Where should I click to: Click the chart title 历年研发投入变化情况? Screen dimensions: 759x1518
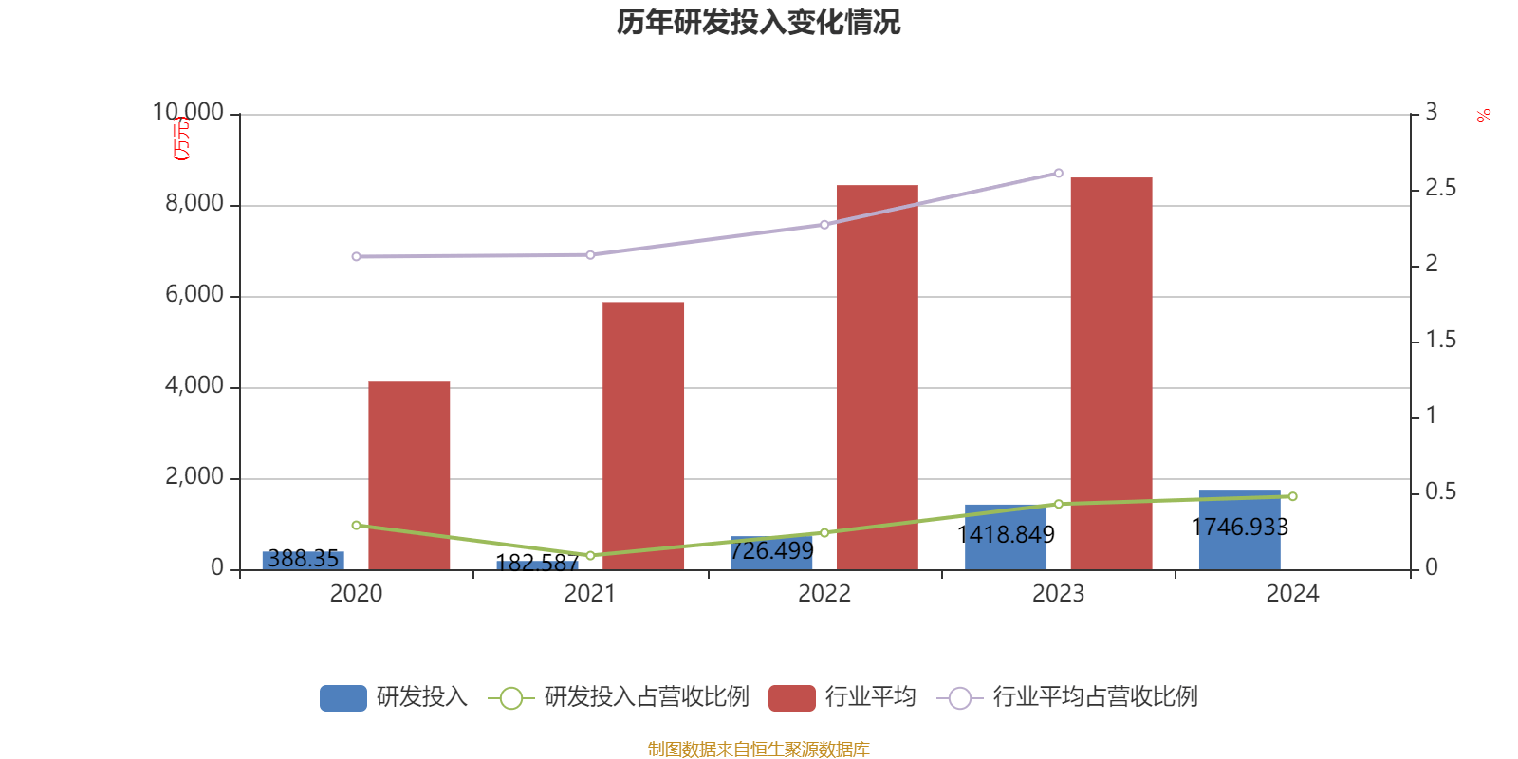coord(758,22)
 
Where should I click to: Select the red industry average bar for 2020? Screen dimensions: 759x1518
coord(409,474)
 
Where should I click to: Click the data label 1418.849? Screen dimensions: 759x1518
coord(1006,535)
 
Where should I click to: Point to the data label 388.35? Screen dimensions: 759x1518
coord(303,558)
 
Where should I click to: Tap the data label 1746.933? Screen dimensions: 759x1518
coord(1239,527)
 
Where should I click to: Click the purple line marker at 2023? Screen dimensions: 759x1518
coord(1059,173)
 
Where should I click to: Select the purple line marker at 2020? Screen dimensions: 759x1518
coord(356,256)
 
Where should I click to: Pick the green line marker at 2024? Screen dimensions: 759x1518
coord(1292,496)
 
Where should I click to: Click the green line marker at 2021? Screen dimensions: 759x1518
coord(590,555)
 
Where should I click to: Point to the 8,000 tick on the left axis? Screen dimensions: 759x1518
coord(194,203)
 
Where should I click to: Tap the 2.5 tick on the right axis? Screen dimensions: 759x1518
coord(1440,189)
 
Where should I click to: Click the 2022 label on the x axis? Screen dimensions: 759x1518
coord(824,594)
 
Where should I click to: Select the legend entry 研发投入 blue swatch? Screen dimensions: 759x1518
coord(342,697)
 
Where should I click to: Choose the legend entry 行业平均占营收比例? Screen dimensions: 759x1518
coord(1095,697)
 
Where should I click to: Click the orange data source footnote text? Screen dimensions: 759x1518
coord(758,750)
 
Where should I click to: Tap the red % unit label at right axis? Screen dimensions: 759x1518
coord(1483,116)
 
